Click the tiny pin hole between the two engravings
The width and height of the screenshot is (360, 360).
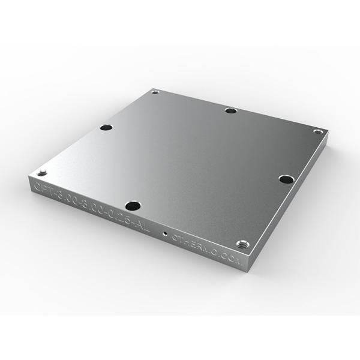click(164, 230)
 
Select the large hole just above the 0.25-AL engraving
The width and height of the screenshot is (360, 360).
click(133, 206)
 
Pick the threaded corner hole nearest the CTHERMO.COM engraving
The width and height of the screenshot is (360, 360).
click(242, 243)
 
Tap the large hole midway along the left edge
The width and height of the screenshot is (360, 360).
click(106, 128)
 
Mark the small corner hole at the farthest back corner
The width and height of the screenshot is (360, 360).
click(155, 92)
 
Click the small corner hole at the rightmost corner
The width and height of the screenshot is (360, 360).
click(319, 131)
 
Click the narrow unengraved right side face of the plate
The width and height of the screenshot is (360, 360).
click(294, 198)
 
